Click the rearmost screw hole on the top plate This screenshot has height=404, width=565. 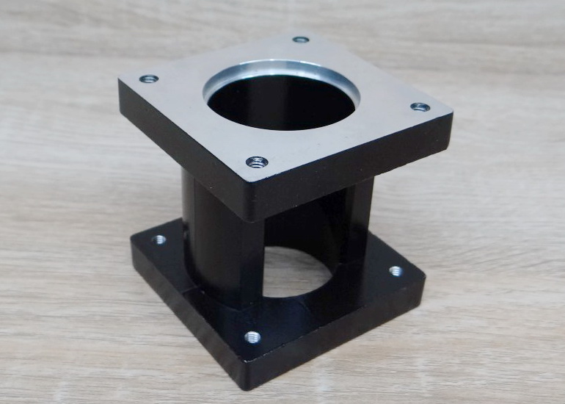click(x=300, y=40)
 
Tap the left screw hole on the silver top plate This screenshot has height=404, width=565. click(x=149, y=79)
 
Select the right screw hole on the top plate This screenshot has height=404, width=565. click(x=420, y=107)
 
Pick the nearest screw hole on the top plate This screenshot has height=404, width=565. click(x=256, y=162)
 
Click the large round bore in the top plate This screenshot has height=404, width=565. click(x=281, y=103)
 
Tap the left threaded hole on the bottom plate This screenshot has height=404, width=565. click(x=158, y=239)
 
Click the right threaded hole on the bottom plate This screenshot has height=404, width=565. click(x=395, y=271)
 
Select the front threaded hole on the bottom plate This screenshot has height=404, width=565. click(x=252, y=337)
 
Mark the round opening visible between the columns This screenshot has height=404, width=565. click(x=294, y=272)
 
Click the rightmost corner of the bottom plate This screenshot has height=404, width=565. click(x=424, y=279)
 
